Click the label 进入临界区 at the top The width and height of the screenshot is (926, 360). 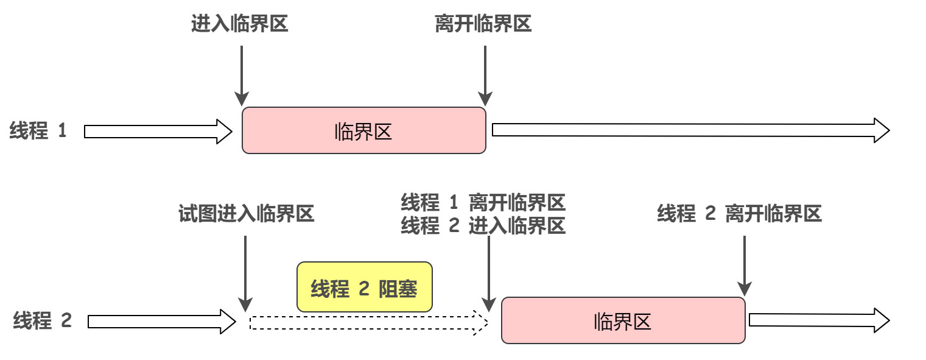coord(239,24)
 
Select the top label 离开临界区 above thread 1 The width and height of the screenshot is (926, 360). coord(483,24)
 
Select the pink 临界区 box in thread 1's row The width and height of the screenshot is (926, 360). coord(363,130)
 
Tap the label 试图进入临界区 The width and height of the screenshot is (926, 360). coord(246,214)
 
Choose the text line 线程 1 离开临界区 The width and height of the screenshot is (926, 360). coord(483,202)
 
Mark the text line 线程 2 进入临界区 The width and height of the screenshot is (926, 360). coord(483,226)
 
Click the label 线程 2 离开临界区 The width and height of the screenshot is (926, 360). coord(739,214)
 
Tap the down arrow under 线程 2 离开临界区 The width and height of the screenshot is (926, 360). coord(744,265)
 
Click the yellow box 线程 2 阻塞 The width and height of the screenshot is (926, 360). coord(364,288)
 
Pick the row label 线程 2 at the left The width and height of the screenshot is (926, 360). coord(43,321)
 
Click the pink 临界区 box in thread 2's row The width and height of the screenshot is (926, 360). coord(623,320)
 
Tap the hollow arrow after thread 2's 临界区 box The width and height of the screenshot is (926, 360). coord(819,320)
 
